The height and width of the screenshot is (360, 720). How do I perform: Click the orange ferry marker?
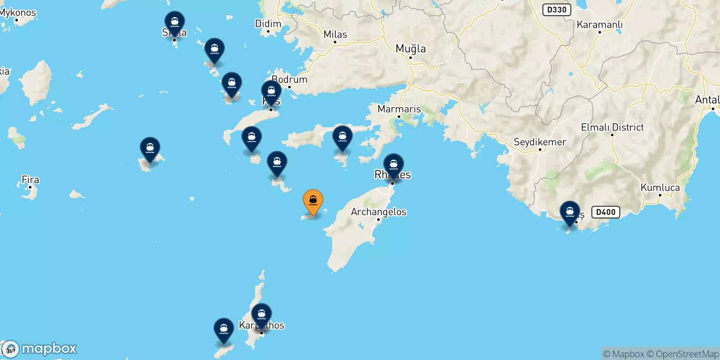pos(313,201)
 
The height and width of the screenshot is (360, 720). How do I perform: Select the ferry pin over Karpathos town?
pos(261,315)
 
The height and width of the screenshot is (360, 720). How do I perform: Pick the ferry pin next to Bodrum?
pos(271,92)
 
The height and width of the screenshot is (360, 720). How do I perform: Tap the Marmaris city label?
pos(399,109)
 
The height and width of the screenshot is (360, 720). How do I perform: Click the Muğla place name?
pos(410,49)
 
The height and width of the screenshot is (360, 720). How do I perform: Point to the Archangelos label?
pos(378,211)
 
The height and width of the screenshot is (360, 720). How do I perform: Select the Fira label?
pos(30,180)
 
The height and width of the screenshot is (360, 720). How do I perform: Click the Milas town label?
pos(335,34)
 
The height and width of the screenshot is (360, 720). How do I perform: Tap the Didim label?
pos(268,23)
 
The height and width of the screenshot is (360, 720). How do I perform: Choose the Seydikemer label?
pos(540,142)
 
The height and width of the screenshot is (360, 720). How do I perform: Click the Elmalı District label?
pos(612,127)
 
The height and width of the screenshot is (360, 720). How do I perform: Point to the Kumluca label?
pos(660,187)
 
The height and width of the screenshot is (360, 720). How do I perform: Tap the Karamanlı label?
pos(599,25)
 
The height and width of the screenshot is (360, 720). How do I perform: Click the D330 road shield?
pos(557,9)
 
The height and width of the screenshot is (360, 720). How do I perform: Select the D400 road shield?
pos(606,212)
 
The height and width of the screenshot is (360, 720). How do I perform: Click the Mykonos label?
pos(18,13)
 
